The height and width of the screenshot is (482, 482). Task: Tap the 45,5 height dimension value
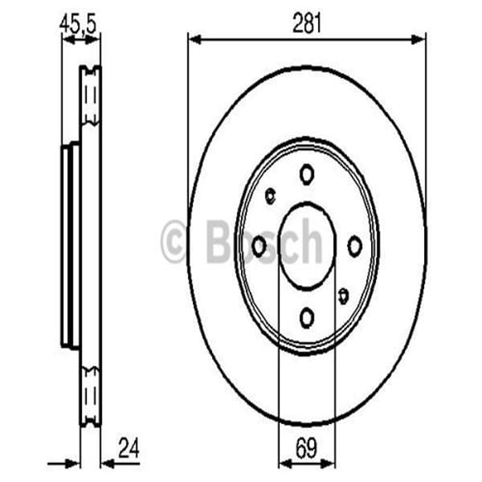tap(78, 24)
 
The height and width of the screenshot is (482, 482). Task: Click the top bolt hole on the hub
tap(307, 174)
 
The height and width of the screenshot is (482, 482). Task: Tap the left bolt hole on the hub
tap(259, 247)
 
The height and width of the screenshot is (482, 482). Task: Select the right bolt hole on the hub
tap(354, 247)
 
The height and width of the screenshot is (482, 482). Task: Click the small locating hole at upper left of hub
tap(270, 194)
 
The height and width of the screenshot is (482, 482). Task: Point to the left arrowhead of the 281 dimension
tap(194, 37)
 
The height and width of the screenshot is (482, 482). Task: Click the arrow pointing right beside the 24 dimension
tap(72, 463)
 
